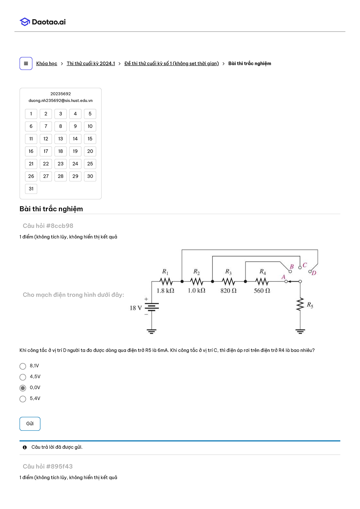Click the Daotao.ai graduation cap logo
tap(25, 22)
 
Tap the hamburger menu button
tap(26, 63)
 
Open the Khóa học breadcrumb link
tap(46, 63)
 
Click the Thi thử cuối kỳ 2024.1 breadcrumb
tap(91, 63)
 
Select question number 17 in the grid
tap(46, 151)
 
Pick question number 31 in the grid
tap(31, 189)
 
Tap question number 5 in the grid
tap(90, 114)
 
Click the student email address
tap(61, 100)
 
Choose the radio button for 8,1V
tap(23, 366)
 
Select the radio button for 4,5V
tap(23, 377)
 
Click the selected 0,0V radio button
tap(23, 388)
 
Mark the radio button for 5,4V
tap(23, 399)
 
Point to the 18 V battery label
tap(136, 308)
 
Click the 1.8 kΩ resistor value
tap(165, 290)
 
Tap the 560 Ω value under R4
tap(262, 290)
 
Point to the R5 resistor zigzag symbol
tap(300, 304)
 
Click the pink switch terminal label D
tap(314, 273)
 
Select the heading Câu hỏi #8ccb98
tap(48, 226)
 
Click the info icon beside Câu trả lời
tap(25, 447)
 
